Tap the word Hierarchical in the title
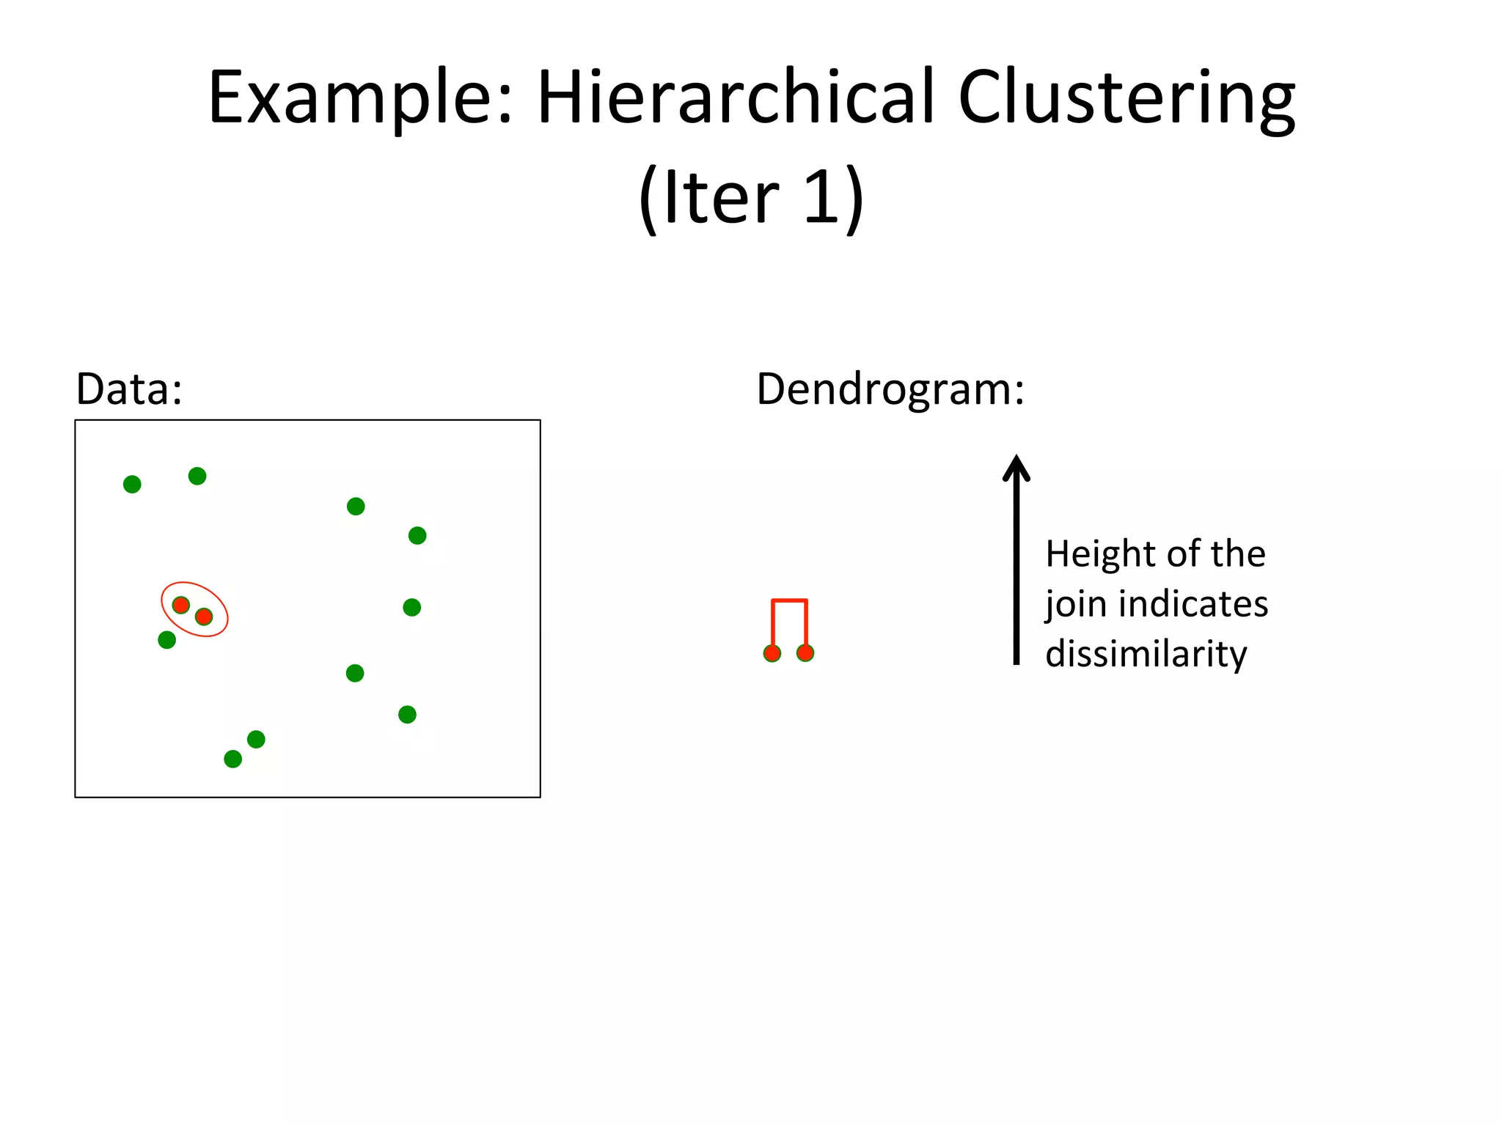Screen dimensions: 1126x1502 pos(736,97)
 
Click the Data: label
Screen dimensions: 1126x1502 pos(129,389)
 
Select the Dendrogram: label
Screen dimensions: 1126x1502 pos(890,389)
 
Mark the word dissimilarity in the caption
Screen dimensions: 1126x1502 pos(1146,654)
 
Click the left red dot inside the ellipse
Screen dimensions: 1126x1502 pos(181,605)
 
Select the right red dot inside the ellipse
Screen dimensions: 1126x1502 pos(204,617)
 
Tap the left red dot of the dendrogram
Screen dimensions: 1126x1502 pos(772,653)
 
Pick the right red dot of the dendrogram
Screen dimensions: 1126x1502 pos(805,652)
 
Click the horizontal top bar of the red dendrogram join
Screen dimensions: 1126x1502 pos(789,601)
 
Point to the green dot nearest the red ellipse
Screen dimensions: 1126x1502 pos(167,640)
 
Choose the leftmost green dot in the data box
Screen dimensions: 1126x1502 pos(132,484)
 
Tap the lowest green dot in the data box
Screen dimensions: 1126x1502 pos(233,759)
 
